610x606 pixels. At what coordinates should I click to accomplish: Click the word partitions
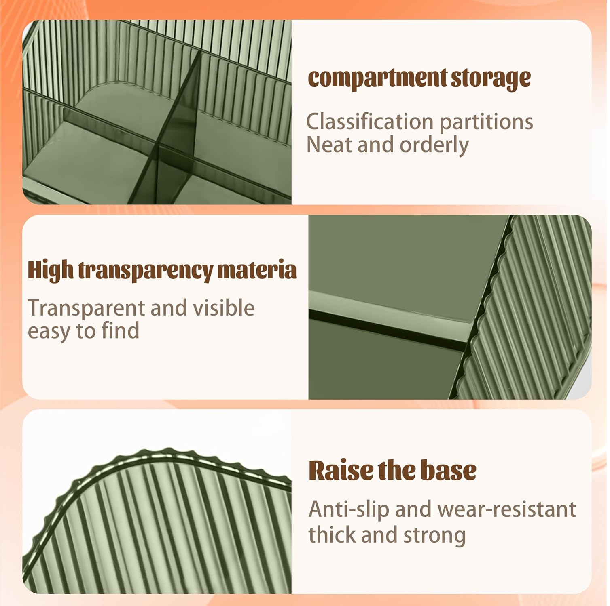[486, 122]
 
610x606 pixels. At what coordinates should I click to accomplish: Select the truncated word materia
[257, 270]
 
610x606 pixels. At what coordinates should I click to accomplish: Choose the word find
[120, 330]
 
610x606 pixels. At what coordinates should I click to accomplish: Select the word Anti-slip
[349, 509]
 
